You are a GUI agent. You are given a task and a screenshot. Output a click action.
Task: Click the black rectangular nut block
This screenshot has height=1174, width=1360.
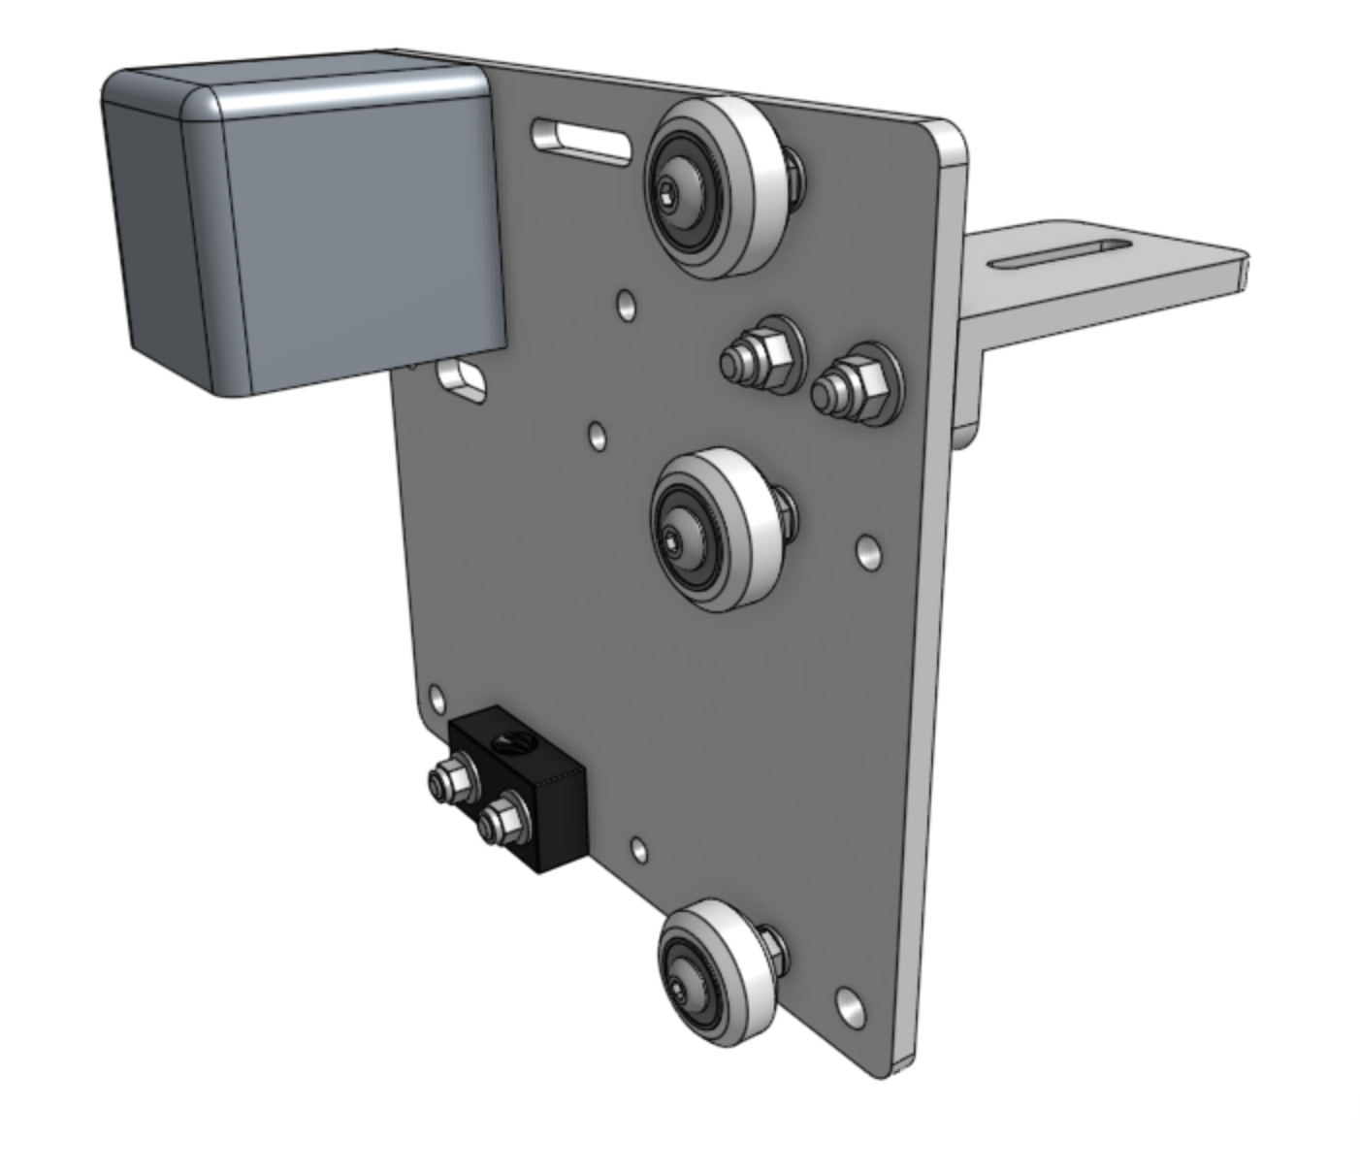click(543, 796)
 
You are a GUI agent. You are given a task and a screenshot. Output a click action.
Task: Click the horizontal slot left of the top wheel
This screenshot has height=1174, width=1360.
click(582, 137)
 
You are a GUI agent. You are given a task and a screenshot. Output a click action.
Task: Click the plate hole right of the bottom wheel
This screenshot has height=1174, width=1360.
click(850, 1005)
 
